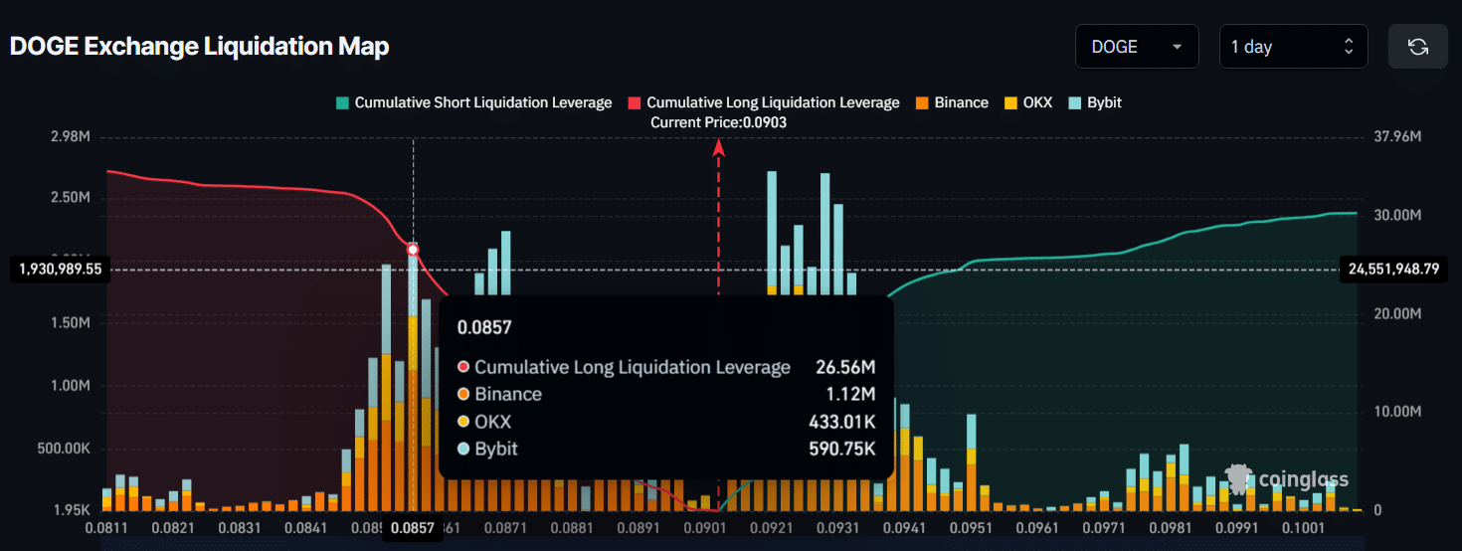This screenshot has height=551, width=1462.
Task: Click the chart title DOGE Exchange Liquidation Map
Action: pos(199,47)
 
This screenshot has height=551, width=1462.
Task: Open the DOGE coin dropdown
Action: pos(1137,47)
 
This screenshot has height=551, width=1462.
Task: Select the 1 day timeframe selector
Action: pos(1292,47)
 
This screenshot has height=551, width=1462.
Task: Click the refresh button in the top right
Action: pos(1417,47)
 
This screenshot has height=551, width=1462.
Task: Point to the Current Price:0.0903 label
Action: pos(718,122)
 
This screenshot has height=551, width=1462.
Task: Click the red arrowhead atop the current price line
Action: pos(718,147)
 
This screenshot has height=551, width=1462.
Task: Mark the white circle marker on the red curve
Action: pos(413,250)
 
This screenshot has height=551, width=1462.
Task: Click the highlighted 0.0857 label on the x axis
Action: pos(413,528)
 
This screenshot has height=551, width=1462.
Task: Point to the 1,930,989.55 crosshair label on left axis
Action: pos(61,270)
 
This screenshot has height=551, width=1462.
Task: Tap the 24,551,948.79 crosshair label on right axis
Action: pos(1392,270)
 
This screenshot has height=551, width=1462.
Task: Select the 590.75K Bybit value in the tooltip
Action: pos(841,449)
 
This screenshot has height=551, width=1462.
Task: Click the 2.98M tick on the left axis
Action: pos(70,136)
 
